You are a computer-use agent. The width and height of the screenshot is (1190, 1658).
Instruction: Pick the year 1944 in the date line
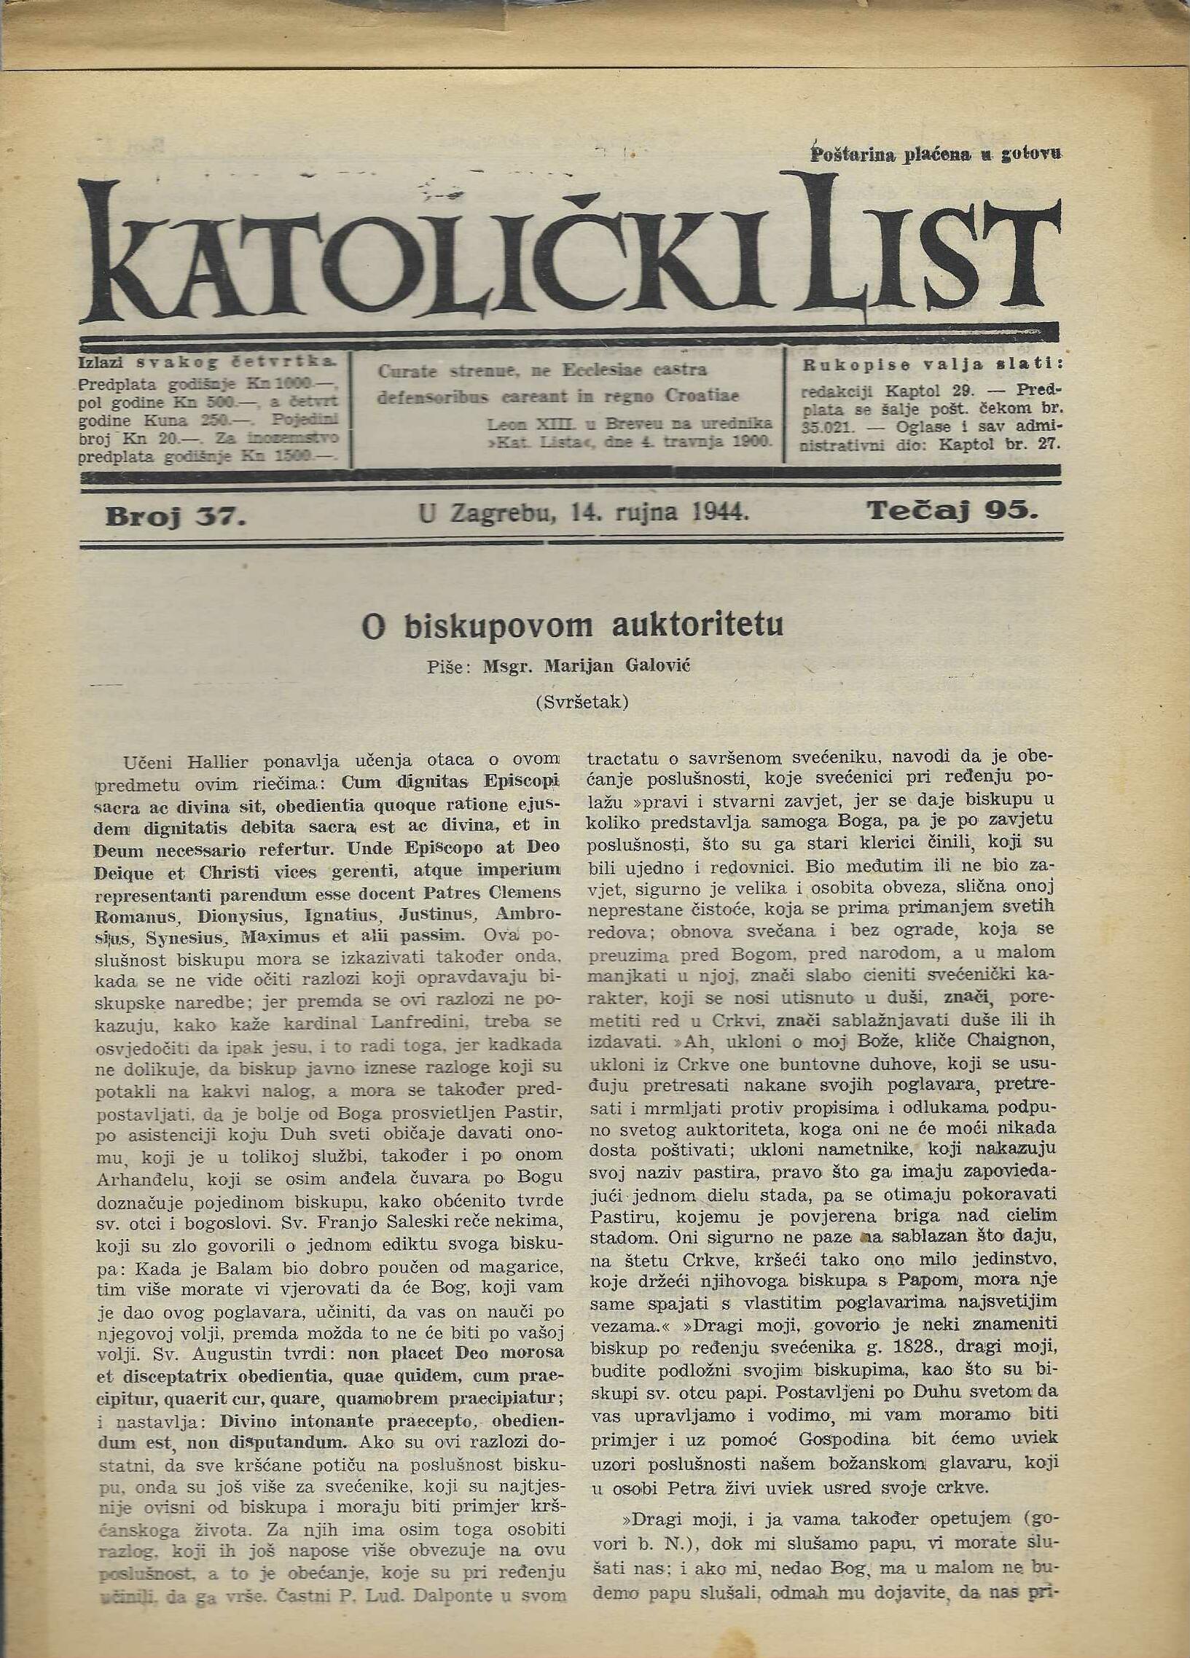click(719, 513)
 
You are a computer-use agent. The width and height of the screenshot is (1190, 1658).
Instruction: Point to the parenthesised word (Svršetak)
click(581, 703)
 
